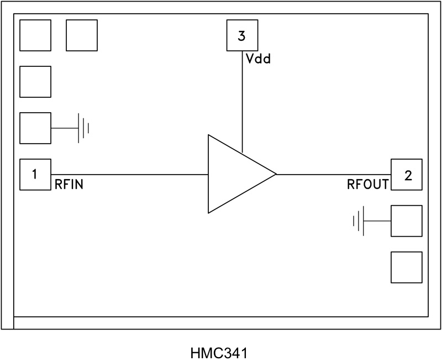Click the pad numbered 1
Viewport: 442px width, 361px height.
(x=35, y=175)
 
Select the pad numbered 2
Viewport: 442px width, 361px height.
(x=407, y=175)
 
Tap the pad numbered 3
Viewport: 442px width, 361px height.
(x=242, y=36)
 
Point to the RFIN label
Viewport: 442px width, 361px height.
(x=69, y=185)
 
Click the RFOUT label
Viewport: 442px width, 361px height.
(x=367, y=185)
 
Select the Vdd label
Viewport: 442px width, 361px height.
(x=258, y=58)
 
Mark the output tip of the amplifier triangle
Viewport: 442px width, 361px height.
(x=275, y=174)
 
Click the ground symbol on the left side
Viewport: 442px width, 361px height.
(x=83, y=128)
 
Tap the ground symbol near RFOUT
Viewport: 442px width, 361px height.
(x=359, y=221)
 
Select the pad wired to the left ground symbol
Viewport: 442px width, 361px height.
(x=35, y=128)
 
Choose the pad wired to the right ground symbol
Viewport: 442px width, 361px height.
(x=407, y=221)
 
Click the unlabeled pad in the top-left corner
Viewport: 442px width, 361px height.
(x=35, y=35)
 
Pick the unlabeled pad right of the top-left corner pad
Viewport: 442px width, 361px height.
(x=82, y=35)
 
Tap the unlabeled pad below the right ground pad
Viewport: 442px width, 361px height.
(x=407, y=268)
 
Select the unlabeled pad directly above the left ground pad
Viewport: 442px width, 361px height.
(x=35, y=82)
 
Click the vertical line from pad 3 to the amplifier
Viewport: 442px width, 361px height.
(x=242, y=100)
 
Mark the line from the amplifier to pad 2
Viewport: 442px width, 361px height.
(x=331, y=175)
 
